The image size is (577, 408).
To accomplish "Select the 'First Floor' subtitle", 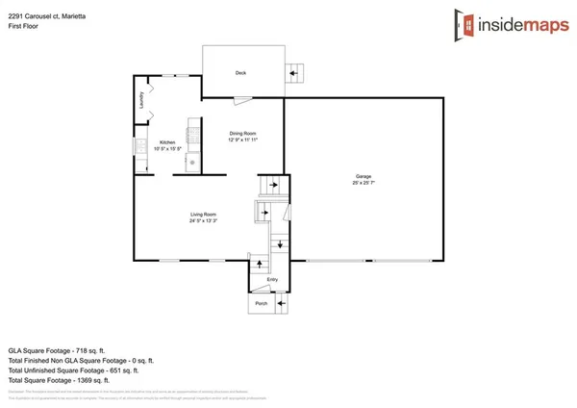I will click(x=23, y=27).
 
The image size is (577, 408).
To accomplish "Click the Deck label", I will click(x=241, y=73).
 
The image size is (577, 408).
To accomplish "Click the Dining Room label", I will click(x=242, y=134).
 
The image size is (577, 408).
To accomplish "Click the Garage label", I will click(x=364, y=177).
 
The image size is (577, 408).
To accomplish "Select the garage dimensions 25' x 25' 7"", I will click(x=364, y=184).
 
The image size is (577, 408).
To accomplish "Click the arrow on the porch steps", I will click(x=281, y=304).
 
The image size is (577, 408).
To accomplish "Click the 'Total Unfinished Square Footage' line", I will click(x=73, y=370).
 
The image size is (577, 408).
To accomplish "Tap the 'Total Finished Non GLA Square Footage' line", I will click(x=81, y=361).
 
